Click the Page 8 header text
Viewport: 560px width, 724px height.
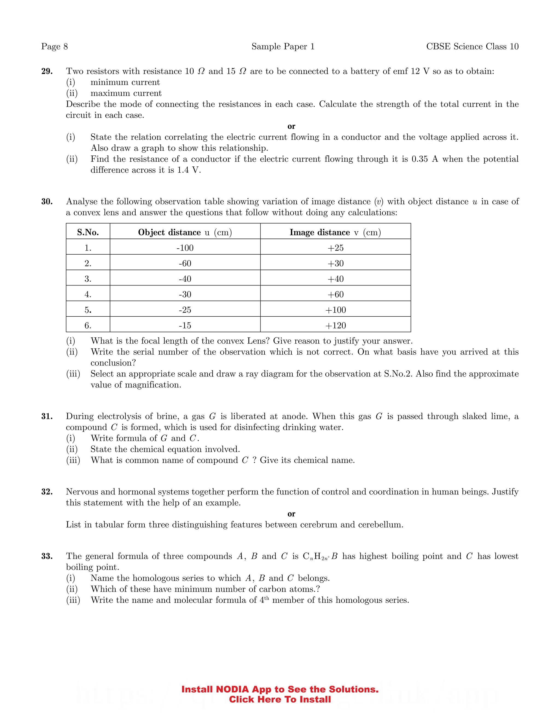54,46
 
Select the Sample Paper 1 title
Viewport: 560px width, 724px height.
283,46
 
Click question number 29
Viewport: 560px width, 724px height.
47,71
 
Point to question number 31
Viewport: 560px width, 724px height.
47,416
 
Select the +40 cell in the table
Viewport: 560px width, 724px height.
336,279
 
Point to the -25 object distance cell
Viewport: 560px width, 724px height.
185,310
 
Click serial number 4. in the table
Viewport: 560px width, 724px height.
88,294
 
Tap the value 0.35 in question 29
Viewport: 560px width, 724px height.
419,159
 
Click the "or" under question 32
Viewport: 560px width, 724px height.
291,514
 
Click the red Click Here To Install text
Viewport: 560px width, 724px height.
280,699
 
